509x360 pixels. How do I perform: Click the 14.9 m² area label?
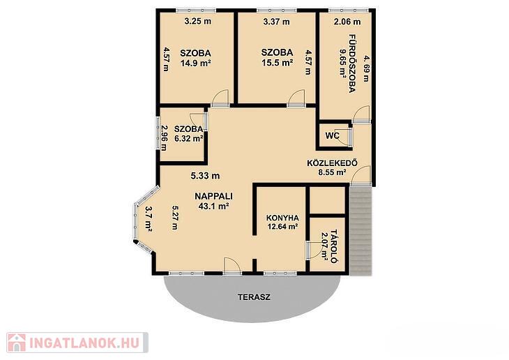(x=196, y=63)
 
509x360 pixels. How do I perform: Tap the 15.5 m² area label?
(x=278, y=62)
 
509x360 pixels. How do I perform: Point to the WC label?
(x=332, y=135)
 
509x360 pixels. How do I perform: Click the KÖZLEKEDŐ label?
(x=333, y=163)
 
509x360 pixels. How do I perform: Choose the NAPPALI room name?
(x=213, y=196)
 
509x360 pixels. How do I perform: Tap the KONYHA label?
(x=282, y=218)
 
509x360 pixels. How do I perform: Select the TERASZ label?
(x=254, y=297)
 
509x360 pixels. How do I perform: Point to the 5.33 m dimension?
(x=205, y=176)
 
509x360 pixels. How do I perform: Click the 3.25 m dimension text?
(x=198, y=22)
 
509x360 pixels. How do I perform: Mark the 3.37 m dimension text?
(x=276, y=22)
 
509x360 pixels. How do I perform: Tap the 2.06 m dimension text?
(x=347, y=22)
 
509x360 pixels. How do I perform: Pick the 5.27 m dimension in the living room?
(x=175, y=218)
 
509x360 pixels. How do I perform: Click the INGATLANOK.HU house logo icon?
(x=16, y=343)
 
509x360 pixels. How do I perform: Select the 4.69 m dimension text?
(x=367, y=68)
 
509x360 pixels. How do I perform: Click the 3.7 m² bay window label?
(x=149, y=220)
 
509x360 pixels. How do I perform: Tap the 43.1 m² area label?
(x=213, y=206)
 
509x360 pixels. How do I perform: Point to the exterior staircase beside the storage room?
(x=361, y=231)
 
